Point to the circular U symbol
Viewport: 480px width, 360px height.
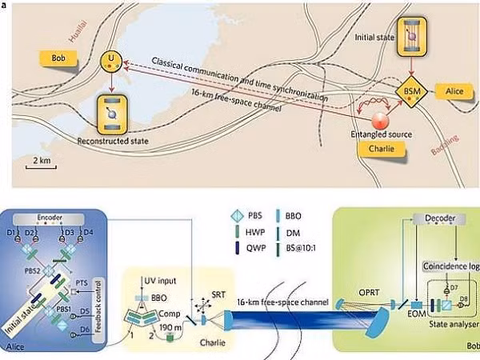(x=109, y=59)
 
